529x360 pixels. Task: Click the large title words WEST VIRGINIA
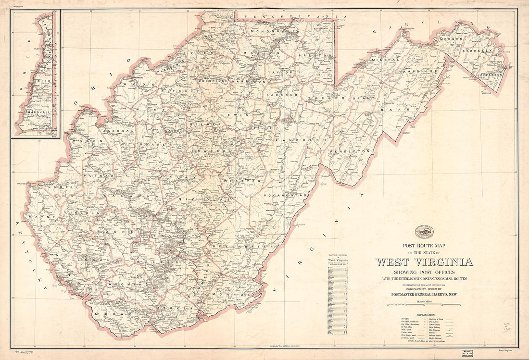[424, 262]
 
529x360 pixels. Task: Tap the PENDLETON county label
[356, 151]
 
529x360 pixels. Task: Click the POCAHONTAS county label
[285, 196]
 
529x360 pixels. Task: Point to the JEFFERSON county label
[489, 75]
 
